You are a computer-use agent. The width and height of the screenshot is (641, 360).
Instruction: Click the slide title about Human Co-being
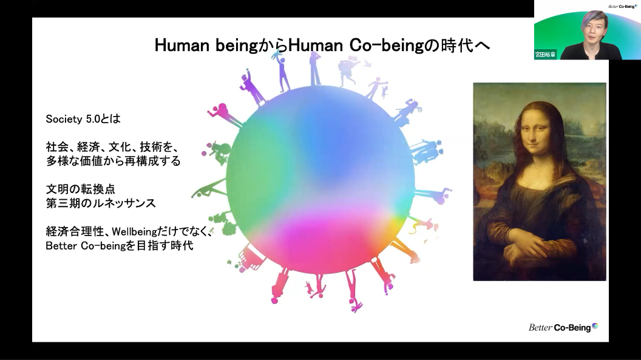point(322,46)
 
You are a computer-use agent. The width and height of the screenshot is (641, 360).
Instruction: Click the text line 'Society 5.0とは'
point(83,119)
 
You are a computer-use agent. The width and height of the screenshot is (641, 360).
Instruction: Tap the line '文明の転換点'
point(81,189)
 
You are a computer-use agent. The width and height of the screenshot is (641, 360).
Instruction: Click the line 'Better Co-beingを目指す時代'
point(120,246)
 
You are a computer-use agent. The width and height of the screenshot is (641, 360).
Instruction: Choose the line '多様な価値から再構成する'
point(113,161)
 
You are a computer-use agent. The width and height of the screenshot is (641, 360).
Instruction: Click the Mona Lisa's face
point(535,134)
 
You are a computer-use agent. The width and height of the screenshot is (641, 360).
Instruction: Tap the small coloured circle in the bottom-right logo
point(595,326)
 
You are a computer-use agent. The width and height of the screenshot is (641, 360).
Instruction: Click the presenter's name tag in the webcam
point(545,54)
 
